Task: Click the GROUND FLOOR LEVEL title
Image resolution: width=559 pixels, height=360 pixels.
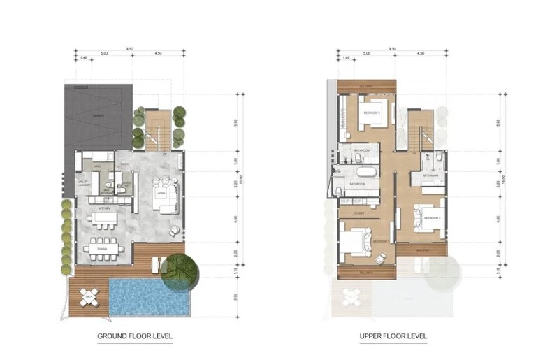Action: [134, 336]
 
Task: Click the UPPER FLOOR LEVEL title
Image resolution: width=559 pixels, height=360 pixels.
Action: [393, 336]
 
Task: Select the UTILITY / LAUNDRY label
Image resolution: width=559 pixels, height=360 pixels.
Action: [83, 183]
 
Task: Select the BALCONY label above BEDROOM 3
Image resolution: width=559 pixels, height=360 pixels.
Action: [366, 85]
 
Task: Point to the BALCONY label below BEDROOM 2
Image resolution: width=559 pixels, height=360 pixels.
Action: [421, 248]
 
